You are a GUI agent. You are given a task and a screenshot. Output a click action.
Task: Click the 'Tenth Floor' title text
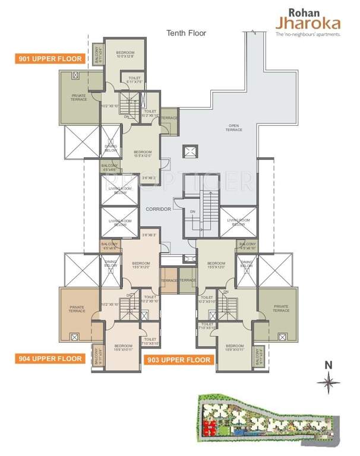(186, 33)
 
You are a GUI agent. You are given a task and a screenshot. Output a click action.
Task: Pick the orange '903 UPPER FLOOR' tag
(178, 360)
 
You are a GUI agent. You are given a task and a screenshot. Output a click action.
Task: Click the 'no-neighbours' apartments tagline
(308, 35)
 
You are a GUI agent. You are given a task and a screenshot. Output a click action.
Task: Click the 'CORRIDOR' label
(158, 209)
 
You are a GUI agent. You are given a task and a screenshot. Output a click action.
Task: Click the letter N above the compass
(327, 365)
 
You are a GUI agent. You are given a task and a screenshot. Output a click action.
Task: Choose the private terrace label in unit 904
(77, 309)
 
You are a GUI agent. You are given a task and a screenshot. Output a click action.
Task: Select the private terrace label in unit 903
(280, 309)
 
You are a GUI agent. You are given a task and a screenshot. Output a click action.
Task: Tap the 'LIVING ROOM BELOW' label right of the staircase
(238, 222)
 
